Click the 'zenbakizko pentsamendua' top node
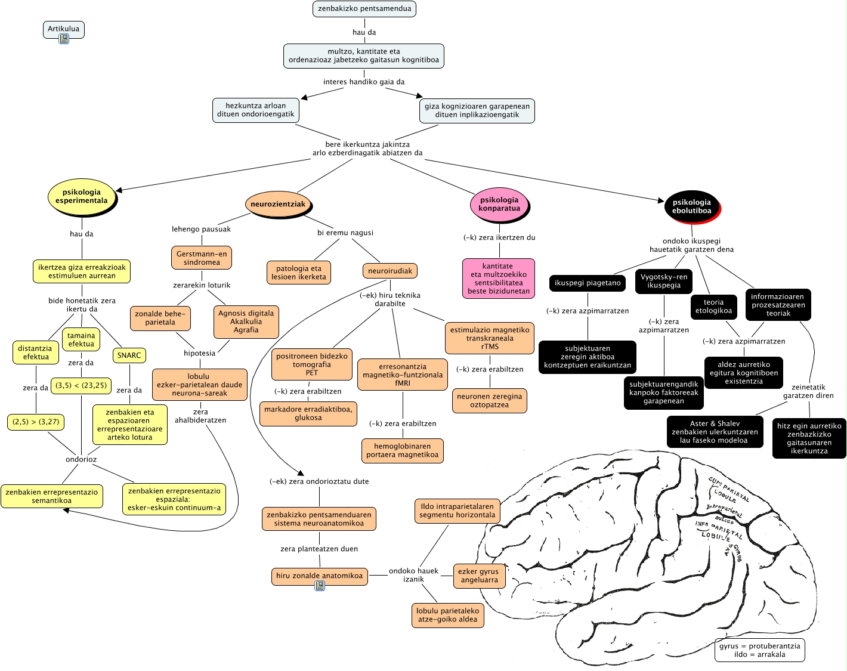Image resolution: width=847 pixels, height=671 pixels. coord(364,9)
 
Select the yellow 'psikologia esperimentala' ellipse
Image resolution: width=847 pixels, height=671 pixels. coord(81,197)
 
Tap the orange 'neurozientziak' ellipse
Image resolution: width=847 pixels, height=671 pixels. coord(278,204)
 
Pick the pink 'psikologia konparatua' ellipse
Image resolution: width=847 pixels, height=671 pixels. coord(499,205)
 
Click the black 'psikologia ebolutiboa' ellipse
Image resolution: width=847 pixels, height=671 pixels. coord(691,206)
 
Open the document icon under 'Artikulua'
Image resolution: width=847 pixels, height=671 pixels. coord(64,39)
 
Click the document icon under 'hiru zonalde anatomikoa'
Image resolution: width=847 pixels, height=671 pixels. coord(320,586)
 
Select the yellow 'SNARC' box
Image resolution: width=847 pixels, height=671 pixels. coord(129,355)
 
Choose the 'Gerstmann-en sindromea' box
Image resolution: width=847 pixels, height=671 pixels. coord(202,258)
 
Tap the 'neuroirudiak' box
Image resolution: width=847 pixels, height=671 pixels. coord(390,271)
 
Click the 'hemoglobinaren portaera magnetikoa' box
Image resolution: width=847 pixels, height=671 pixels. coord(402,450)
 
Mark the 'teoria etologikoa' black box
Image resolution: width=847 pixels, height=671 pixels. coord(713,307)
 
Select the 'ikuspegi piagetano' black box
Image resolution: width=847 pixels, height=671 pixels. coord(588,283)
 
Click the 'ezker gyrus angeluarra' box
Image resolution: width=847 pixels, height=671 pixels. coord(479,576)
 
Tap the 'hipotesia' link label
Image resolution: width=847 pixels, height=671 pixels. coord(199,353)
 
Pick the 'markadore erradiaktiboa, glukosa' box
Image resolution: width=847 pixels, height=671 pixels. coord(308,413)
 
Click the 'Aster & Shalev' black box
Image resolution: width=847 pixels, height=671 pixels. coord(715,432)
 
